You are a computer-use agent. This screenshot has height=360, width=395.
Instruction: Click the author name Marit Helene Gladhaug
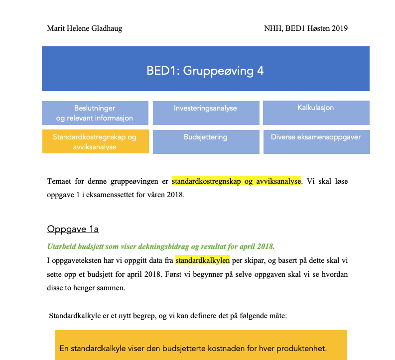pyautogui.click(x=84, y=28)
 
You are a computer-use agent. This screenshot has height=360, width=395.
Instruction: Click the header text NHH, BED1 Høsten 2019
pyautogui.click(x=306, y=28)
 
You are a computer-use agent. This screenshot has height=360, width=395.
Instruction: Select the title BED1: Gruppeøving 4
pyautogui.click(x=205, y=71)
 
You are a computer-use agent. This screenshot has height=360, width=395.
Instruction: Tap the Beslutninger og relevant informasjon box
pyautogui.click(x=95, y=113)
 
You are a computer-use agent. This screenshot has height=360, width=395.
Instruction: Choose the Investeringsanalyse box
pyautogui.click(x=205, y=113)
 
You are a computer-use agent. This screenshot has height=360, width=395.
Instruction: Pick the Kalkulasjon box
pyautogui.click(x=316, y=113)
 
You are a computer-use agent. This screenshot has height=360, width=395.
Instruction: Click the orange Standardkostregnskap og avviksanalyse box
pyautogui.click(x=95, y=142)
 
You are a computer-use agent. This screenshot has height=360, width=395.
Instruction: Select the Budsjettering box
pyautogui.click(x=205, y=142)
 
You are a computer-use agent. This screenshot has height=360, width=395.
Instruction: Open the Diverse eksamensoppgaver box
pyautogui.click(x=316, y=142)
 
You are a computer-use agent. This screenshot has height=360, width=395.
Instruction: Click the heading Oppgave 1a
pyautogui.click(x=73, y=229)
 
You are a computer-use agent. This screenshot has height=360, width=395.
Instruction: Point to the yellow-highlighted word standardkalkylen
pyautogui.click(x=202, y=260)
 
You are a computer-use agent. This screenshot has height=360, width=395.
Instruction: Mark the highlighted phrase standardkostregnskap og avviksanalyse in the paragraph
pyautogui.click(x=237, y=181)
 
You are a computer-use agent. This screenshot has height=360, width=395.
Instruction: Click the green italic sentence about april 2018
pyautogui.click(x=160, y=246)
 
